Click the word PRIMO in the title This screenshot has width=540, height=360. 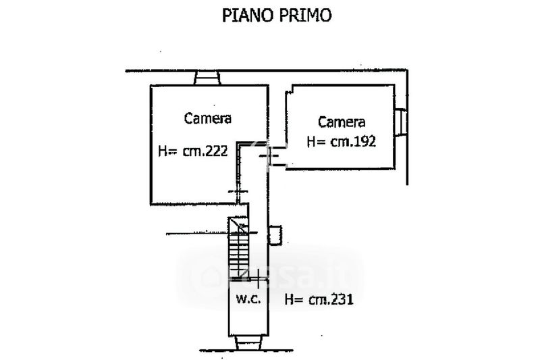pyautogui.click(x=303, y=16)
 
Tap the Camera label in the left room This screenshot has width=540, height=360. pyautogui.click(x=208, y=119)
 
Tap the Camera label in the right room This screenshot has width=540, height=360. pyautogui.click(x=342, y=122)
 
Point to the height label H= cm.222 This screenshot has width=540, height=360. pyautogui.click(x=196, y=152)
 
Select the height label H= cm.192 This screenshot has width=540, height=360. pyautogui.click(x=341, y=141)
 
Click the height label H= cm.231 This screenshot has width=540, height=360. pyautogui.click(x=318, y=299)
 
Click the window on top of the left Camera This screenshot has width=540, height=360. pyautogui.click(x=207, y=78)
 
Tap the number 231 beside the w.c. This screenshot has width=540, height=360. pyautogui.click(x=341, y=299)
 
